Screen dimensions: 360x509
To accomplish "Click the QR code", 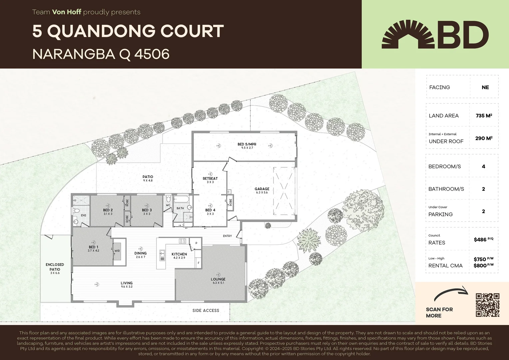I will pos(487,305).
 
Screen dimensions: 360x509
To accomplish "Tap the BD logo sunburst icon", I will pos(408,34).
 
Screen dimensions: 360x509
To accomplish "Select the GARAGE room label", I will pos(262,189).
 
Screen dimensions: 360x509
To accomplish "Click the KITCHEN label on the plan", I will pos(179,254).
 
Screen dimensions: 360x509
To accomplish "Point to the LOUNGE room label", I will pos(218,279).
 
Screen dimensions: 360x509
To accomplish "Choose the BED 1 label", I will pos(94,247).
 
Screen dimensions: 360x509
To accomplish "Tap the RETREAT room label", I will pos(210,179).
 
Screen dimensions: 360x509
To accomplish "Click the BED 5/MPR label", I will pos(247,144).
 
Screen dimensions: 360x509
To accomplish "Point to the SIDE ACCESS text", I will pos(206,311).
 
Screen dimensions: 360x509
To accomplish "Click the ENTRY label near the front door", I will pos(228,236).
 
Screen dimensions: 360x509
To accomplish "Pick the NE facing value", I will pos(485,87).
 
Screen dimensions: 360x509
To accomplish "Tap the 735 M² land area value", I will pos(484,116).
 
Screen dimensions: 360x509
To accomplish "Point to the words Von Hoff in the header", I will pos(67,12).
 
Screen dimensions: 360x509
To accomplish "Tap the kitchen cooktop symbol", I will pos(182,241).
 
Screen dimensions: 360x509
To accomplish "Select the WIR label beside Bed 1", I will pos(117,251).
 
